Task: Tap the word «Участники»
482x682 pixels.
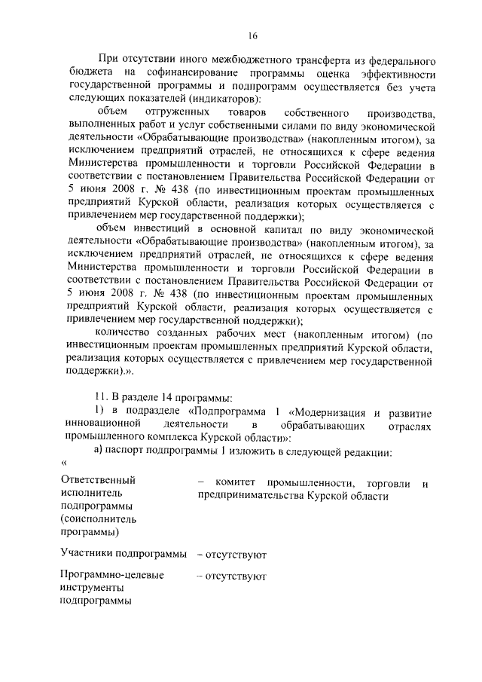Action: pos(86,555)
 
